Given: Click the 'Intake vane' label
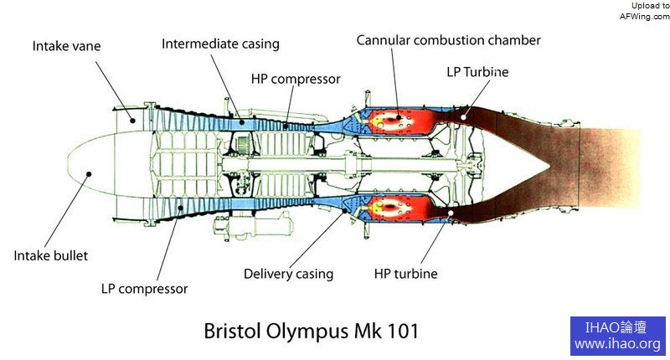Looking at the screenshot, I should click(66, 46).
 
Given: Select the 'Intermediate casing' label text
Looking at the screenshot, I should click(220, 44).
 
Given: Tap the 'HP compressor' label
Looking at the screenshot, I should click(296, 80).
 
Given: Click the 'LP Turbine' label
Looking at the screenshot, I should click(477, 72).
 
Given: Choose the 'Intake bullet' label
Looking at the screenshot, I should click(50, 255).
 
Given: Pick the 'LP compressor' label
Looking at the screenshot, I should click(144, 289).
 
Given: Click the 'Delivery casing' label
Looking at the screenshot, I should click(288, 274).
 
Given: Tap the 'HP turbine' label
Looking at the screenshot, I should click(405, 274).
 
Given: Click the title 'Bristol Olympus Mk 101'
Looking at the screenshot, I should click(311, 331).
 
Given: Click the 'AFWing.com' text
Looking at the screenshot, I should click(644, 15).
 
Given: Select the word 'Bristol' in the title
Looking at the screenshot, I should click(234, 331).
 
